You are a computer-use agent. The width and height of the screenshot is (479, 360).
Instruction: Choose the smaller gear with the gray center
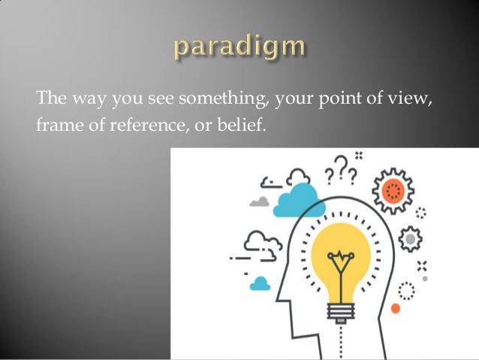point(411,240)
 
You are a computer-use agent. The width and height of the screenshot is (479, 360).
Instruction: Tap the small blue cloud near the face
point(260,283)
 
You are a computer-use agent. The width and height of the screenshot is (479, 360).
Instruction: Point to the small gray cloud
point(260,201)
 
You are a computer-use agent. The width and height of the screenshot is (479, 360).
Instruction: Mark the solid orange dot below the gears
point(396,308)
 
